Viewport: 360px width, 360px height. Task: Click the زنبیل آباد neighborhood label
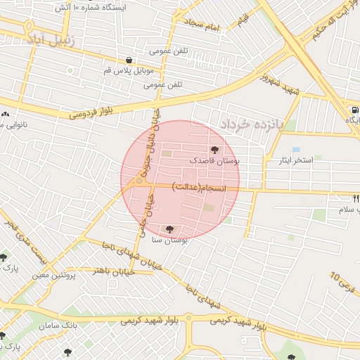(x=55, y=39)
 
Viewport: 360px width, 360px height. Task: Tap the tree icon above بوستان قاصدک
(x=214, y=150)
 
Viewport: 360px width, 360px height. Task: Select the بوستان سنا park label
(x=168, y=240)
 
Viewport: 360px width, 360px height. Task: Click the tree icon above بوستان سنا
(x=168, y=229)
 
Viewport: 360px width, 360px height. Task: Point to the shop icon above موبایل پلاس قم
(x=129, y=60)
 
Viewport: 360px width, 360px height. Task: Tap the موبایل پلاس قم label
(x=129, y=71)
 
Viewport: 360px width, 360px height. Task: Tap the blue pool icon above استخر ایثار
(x=295, y=150)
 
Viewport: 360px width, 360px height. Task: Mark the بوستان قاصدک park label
(x=214, y=161)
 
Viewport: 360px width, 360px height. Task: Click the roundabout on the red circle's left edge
(x=139, y=181)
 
